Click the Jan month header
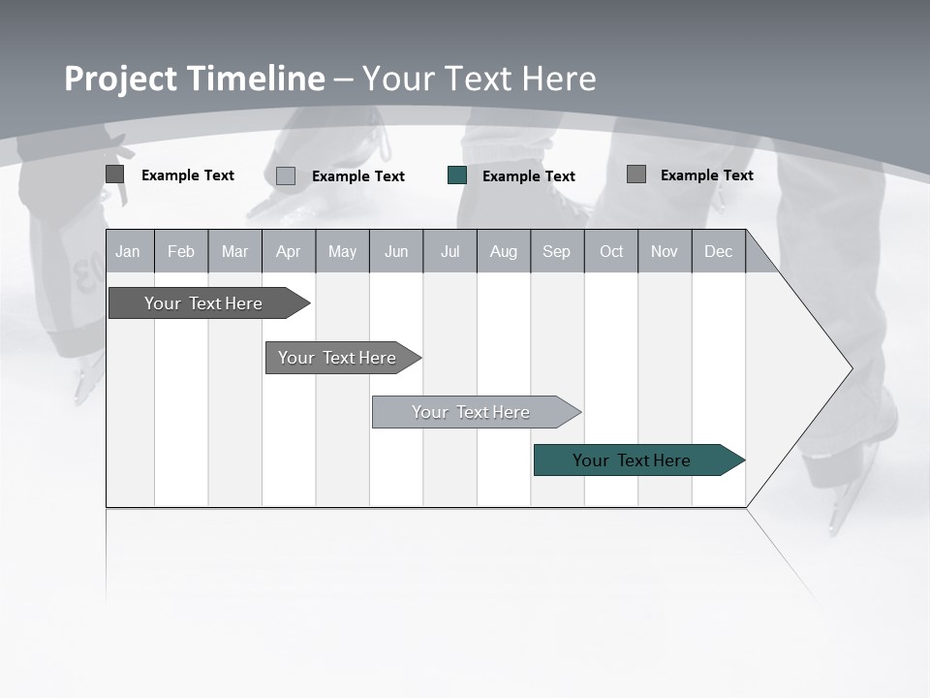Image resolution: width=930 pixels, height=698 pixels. point(129,251)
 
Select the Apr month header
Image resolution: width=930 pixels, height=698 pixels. point(289,251)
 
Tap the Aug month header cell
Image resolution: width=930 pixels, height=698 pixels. point(504,251)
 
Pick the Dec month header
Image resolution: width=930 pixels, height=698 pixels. point(719,251)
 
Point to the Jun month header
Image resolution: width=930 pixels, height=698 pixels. point(396,251)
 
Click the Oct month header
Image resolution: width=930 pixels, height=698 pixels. point(611,251)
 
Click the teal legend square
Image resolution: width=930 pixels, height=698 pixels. point(457,175)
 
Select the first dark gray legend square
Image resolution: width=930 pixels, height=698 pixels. point(115,174)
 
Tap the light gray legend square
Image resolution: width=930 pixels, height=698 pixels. point(286,176)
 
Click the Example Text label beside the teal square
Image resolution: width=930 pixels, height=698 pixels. point(529,176)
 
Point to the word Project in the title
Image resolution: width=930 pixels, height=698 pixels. point(120,79)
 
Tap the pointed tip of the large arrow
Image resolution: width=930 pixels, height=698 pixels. point(851,368)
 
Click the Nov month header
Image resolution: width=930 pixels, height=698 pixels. point(665,251)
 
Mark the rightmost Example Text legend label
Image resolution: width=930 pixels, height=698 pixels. point(707,175)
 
